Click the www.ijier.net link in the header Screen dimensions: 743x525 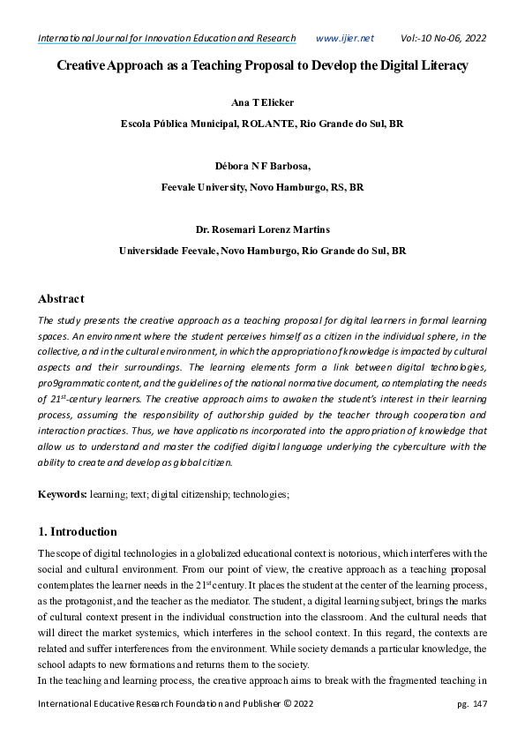coord(344,38)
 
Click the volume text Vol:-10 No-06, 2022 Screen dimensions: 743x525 coord(443,38)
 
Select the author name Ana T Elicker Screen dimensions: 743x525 coord(262,103)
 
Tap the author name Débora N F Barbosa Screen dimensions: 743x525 coord(261,166)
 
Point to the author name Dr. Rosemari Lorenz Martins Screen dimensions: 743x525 coord(262,229)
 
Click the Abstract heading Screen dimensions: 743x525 coord(61,298)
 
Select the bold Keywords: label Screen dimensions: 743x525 coord(62,495)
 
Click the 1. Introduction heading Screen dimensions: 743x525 coord(77,532)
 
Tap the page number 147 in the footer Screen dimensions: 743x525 coord(480,703)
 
